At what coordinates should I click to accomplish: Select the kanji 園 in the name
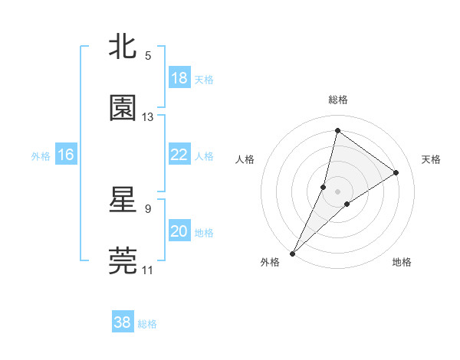click(123, 109)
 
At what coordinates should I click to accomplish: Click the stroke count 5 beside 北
click(148, 56)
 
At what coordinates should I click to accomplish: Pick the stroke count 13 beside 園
click(148, 117)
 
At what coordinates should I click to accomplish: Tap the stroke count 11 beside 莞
click(148, 270)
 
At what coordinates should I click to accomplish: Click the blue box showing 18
click(179, 78)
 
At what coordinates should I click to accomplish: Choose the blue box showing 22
click(179, 155)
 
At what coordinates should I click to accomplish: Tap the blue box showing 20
click(179, 231)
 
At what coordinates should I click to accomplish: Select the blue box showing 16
click(66, 155)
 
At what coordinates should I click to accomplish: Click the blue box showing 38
click(123, 322)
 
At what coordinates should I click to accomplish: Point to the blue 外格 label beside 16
click(41, 155)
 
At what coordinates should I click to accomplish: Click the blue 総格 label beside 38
click(147, 323)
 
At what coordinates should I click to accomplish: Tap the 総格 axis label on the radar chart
click(338, 100)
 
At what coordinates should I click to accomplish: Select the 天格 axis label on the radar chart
click(432, 159)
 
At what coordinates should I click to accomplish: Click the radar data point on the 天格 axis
click(396, 173)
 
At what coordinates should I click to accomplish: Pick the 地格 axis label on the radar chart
click(402, 262)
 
